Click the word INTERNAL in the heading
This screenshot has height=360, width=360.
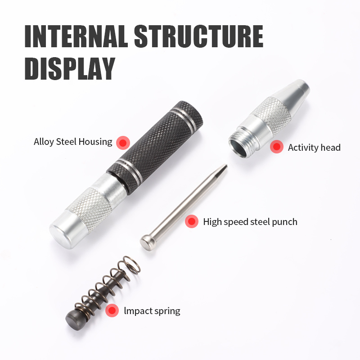[76, 36]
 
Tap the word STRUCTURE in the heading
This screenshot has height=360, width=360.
[198, 36]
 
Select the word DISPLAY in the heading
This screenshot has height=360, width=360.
[70, 68]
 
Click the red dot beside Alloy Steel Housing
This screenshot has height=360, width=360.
[123, 143]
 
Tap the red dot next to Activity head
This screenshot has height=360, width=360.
[277, 147]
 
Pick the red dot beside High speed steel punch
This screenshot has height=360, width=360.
[192, 221]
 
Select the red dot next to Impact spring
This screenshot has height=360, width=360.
[112, 310]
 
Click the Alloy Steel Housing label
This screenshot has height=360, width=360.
[73, 142]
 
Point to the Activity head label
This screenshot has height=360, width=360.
[314, 148]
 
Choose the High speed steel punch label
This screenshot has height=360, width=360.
[250, 222]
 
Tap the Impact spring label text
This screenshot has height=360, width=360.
[152, 311]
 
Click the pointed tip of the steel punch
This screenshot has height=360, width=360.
[226, 165]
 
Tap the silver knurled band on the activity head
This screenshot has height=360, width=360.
[272, 116]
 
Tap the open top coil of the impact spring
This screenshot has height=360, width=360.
[131, 265]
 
